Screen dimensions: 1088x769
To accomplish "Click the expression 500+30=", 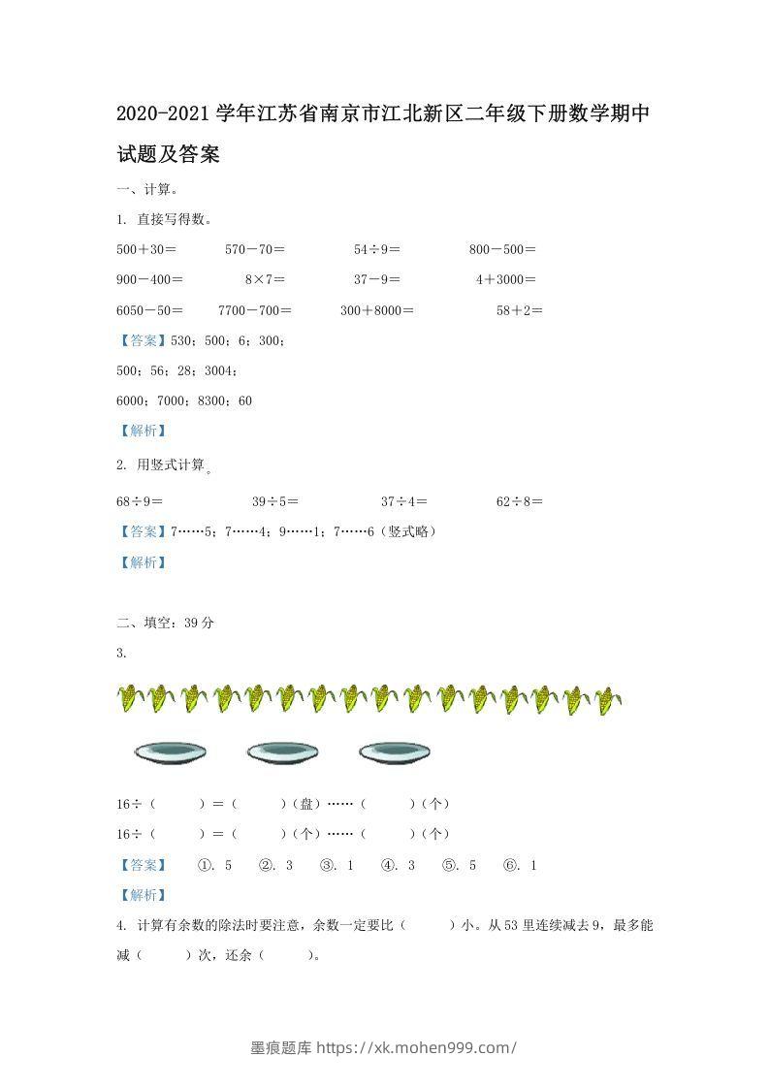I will coord(146,249).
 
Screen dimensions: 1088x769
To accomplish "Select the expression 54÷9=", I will coord(377,249).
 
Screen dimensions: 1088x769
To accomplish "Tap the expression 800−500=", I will coord(502,249).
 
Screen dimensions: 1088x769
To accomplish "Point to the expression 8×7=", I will coord(265,279).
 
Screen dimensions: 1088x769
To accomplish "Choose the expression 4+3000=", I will coord(505,279).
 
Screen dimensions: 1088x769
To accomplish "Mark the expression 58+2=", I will coord(520,310).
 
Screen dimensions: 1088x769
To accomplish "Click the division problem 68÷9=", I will coord(140,501).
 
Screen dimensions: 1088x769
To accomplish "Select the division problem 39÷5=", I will coord(275,501).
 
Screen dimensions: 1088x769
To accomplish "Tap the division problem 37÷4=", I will coord(404,501).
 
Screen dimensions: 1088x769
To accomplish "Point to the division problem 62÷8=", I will coord(520,501).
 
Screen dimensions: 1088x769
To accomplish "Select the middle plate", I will coord(282,752).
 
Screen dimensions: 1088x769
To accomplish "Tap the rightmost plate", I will coord(395,752).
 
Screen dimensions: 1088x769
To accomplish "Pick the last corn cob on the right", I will coord(608,698).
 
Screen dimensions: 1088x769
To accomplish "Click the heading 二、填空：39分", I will coord(166,623).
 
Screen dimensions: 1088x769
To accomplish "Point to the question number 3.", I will coord(121,653).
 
